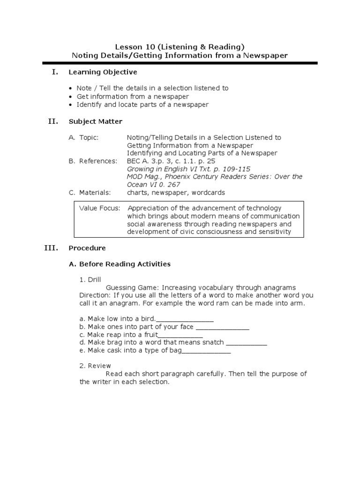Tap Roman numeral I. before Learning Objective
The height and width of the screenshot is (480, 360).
coord(55,72)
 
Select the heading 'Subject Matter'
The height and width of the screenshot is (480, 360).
coord(95,121)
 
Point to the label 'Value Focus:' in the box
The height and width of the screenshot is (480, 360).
coord(99,208)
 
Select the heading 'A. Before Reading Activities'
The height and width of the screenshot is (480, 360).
coord(120,264)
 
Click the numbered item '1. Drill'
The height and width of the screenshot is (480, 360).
coord(90,280)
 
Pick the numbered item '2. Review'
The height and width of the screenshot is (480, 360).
coord(95,366)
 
